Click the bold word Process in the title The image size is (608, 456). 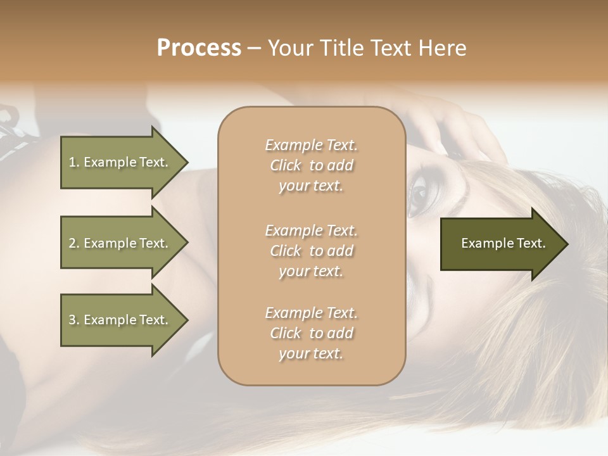(x=199, y=48)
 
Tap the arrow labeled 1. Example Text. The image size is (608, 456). (x=120, y=162)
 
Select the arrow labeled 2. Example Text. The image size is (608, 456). (x=120, y=243)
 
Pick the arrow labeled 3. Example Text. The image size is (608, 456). (x=120, y=320)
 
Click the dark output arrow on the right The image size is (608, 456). (x=500, y=244)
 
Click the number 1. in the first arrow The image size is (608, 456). (x=74, y=162)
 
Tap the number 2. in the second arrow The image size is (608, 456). (x=74, y=243)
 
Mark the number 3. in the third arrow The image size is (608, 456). (x=74, y=320)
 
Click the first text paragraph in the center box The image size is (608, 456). (x=311, y=165)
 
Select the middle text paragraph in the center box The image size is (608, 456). (x=311, y=251)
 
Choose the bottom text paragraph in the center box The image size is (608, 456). (x=311, y=333)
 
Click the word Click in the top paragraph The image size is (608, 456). (x=286, y=166)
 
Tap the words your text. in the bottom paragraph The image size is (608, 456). (x=311, y=353)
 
